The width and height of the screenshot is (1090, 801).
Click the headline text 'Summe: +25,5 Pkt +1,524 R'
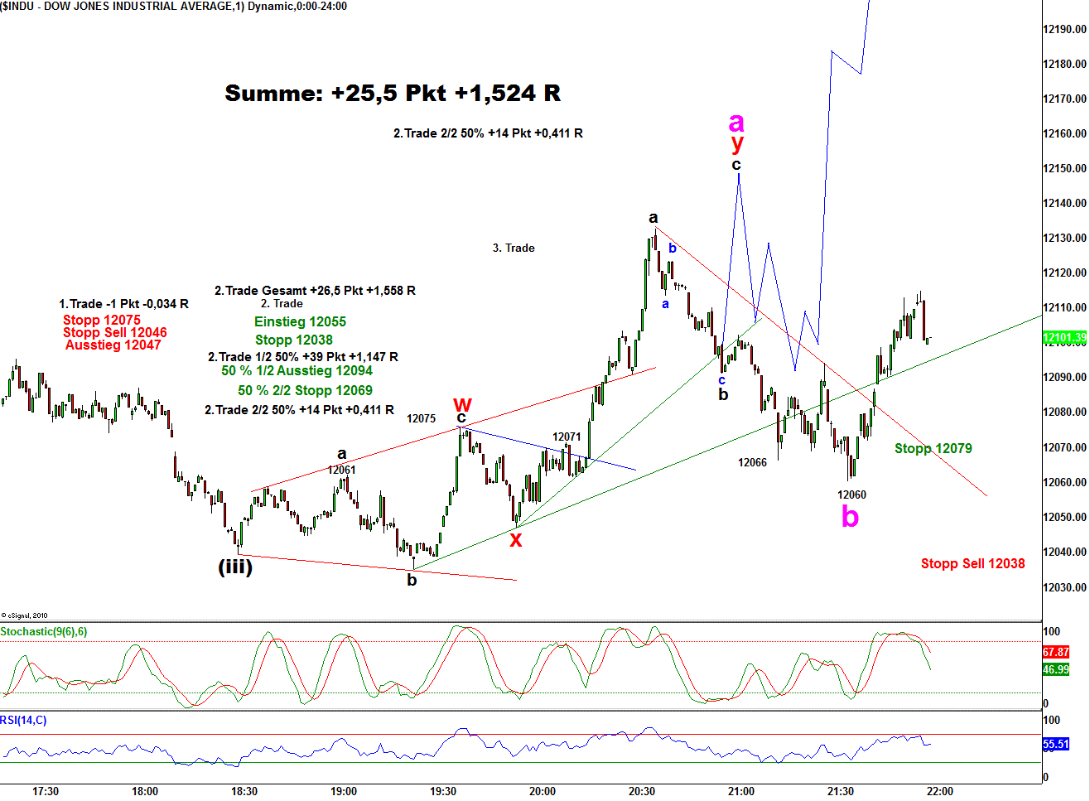pos(393,94)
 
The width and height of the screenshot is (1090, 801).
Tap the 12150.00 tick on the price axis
pos(1064,168)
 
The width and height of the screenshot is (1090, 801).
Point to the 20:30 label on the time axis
pos(642,791)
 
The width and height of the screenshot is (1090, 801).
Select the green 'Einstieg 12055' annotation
pos(300,322)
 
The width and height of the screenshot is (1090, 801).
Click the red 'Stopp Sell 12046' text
pos(115,333)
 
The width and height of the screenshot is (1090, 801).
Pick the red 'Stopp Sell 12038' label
pos(972,564)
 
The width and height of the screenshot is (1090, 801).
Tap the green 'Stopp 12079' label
pos(933,449)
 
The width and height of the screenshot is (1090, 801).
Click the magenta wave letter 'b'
pos(850,518)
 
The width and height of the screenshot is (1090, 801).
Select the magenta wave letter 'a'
pos(736,123)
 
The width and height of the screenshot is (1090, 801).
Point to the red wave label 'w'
pos(462,404)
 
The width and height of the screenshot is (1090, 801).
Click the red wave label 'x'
pos(515,540)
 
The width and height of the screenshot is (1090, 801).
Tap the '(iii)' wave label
pos(234,567)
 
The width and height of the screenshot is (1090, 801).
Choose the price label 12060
pos(851,495)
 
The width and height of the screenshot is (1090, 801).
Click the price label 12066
pos(752,463)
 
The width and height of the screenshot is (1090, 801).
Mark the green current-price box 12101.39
pos(1064,338)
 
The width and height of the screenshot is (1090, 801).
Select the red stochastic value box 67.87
pos(1055,653)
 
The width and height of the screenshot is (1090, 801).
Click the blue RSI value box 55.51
pos(1055,745)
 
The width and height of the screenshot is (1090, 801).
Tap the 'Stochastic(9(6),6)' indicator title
pos(44,632)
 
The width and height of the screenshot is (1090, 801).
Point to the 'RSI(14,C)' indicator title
pos(23,721)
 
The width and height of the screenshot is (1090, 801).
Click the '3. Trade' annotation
pos(514,249)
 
